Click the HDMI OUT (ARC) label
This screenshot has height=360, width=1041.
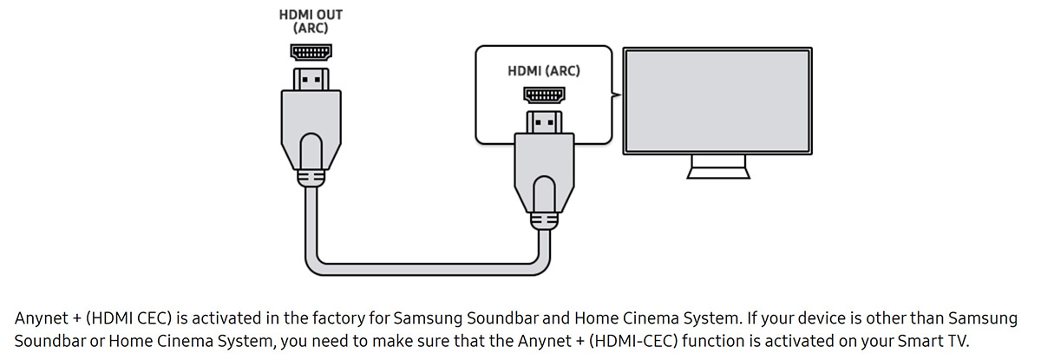pos(311,22)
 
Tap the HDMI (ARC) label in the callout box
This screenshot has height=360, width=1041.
pos(544,70)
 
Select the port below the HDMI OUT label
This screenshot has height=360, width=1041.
pos(311,52)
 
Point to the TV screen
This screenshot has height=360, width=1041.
pos(718,98)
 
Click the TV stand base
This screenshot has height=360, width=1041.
pos(718,173)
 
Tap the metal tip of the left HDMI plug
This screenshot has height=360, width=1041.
pos(311,80)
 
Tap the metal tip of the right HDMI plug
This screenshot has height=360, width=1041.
pos(544,121)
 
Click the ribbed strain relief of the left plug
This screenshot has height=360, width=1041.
pos(311,178)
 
